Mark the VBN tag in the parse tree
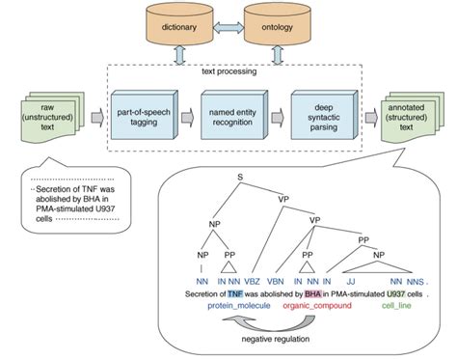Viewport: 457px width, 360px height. coord(281,281)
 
